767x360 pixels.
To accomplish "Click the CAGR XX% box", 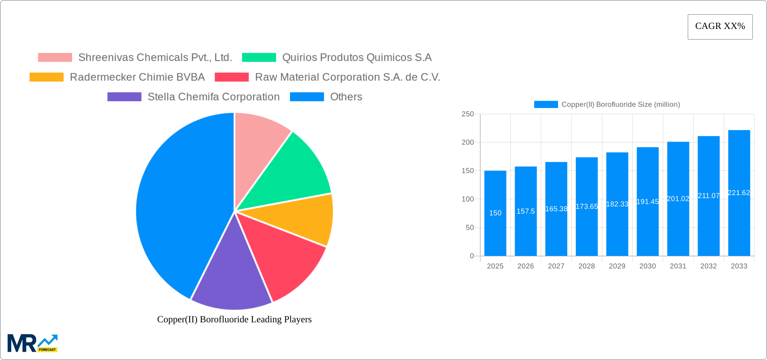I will click(x=720, y=27).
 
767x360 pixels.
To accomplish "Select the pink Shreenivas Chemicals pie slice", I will click(x=259, y=145).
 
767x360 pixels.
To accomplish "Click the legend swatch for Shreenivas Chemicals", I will click(x=55, y=58).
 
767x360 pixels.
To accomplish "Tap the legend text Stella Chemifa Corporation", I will click(x=214, y=97).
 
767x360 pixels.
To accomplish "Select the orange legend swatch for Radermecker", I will click(x=46, y=77).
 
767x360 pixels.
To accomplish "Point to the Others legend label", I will click(x=346, y=97).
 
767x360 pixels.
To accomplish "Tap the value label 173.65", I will click(x=587, y=206).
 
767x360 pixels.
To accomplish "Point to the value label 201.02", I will click(x=678, y=199).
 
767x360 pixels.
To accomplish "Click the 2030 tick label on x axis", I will click(x=648, y=266).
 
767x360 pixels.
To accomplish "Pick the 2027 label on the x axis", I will click(x=556, y=266).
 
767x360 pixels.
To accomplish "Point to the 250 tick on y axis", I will click(x=468, y=114).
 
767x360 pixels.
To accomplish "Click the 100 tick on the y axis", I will click(x=468, y=199).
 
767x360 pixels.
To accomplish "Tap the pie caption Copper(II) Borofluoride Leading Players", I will click(x=234, y=319).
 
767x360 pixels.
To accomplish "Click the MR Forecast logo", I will click(x=32, y=343).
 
